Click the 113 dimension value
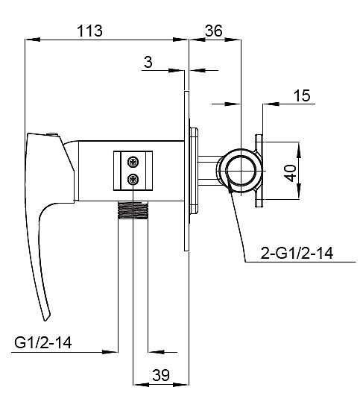pos(89,31)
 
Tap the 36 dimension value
pos(213,31)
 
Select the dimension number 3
pos(148,62)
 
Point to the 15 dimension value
pos(302,95)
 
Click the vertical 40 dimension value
pos(291,173)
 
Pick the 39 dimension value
pos(161,375)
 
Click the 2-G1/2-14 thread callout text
pos(297,253)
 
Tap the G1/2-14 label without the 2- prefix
pos(43,342)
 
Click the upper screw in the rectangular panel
pos(133,162)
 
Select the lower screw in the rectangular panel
pos(133,179)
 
